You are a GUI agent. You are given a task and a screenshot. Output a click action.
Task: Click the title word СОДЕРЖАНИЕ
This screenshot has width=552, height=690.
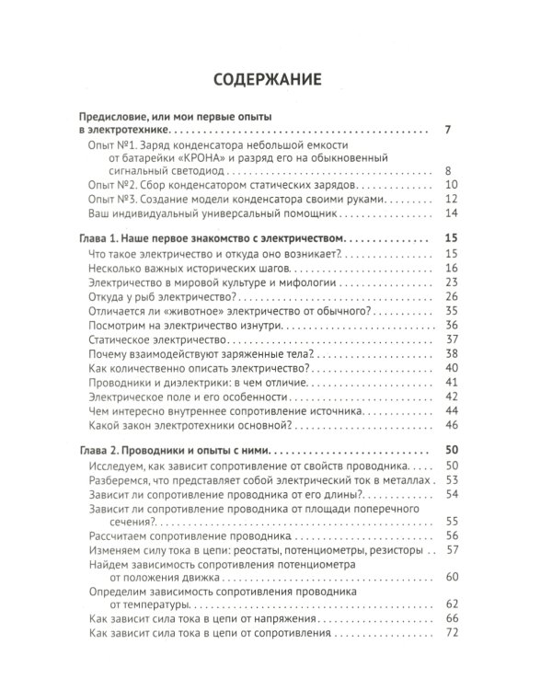click(268, 79)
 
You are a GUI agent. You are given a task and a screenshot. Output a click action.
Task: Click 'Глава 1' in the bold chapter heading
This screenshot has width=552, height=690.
click(96, 239)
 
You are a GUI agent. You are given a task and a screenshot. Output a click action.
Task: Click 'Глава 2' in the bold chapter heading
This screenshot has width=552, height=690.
click(97, 451)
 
